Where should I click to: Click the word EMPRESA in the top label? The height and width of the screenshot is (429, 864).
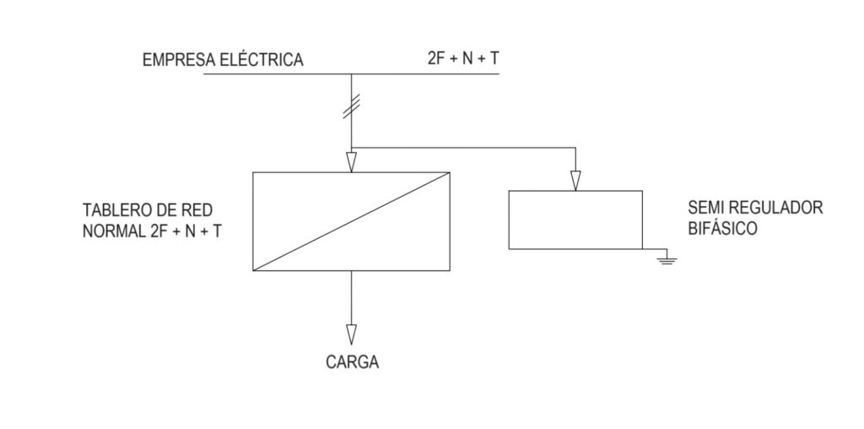179,60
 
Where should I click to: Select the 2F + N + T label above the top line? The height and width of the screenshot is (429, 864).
463,58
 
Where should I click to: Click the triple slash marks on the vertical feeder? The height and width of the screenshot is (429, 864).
352,106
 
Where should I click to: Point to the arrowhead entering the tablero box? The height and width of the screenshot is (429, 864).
352,162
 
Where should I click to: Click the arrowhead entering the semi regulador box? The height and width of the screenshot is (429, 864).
575,181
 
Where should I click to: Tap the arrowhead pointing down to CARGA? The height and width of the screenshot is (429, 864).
352,334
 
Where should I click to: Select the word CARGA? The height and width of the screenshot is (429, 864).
352,362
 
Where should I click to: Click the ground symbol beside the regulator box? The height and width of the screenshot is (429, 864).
667,258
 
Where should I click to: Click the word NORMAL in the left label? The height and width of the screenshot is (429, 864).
114,231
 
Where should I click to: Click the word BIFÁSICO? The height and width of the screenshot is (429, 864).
722,227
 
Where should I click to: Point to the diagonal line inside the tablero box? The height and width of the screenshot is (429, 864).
352,221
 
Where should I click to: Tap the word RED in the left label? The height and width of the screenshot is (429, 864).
198,210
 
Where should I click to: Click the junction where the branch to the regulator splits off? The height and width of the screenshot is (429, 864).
352,148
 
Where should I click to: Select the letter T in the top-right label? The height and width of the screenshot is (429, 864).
494,59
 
